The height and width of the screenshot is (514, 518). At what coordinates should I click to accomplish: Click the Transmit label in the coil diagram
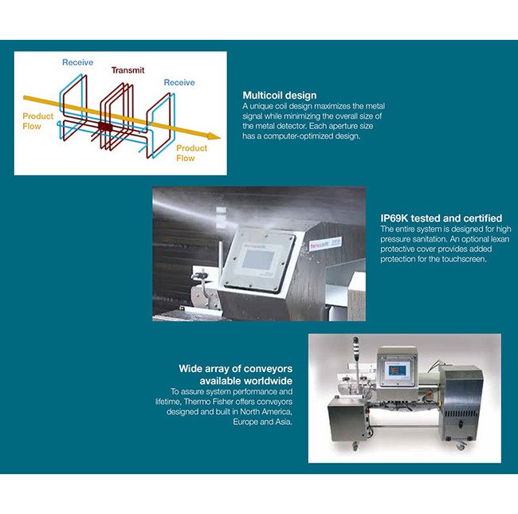click(x=128, y=70)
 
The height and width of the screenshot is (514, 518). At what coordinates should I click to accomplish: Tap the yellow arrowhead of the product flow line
click(x=214, y=136)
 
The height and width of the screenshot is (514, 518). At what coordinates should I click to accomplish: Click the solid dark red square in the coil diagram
click(x=105, y=127)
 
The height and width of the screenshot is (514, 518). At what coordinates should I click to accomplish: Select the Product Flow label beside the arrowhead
click(x=191, y=153)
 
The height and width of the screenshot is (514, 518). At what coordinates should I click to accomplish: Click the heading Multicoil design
click(x=280, y=96)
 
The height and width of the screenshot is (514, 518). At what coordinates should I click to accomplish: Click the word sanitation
click(x=418, y=239)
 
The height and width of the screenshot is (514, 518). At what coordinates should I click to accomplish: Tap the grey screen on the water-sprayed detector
click(x=257, y=259)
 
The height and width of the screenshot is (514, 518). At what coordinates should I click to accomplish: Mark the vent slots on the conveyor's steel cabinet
click(x=461, y=414)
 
